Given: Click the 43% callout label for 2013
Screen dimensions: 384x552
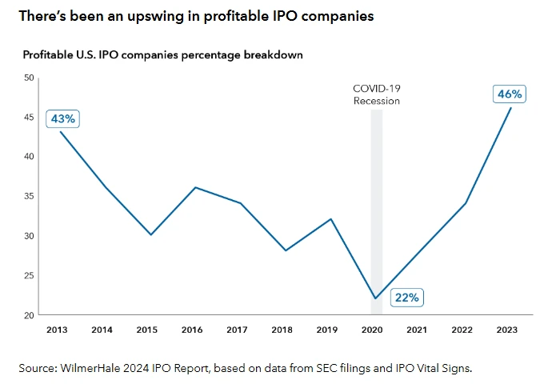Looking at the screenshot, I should coord(62,118).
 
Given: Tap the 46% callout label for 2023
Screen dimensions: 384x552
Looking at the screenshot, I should coord(510,94).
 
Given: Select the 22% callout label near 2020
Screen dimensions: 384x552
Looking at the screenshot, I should coord(406,298).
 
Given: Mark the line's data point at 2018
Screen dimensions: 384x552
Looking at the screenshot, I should coord(286,250).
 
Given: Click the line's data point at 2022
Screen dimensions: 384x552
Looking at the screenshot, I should coord(466,203).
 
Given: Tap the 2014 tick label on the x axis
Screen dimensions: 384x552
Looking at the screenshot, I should coord(102,330).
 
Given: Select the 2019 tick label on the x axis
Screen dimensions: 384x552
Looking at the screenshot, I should coord(327,330).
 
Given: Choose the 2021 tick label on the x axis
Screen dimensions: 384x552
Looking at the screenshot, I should coord(417,330).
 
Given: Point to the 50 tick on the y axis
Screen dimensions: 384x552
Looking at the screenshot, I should coord(29,78).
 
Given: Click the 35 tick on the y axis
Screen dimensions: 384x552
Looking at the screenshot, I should coord(29,196).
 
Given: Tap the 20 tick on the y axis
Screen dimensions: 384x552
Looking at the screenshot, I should coord(29,315).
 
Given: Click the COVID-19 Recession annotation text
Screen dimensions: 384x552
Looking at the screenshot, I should coord(376,95).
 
